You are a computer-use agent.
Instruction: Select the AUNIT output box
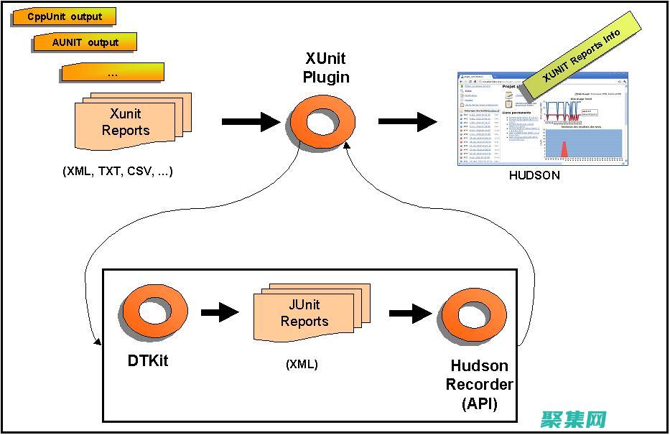point(85,42)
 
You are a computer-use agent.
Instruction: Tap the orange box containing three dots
point(113,72)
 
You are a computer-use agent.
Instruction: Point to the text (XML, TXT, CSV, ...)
point(117,172)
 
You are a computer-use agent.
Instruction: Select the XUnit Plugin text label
point(325,67)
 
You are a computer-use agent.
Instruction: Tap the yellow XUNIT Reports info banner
point(581,55)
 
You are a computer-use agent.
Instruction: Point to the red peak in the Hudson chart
point(564,149)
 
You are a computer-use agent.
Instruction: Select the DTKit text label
point(147,360)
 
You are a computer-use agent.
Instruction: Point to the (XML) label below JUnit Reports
point(302,364)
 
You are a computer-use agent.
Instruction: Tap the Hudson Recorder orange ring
point(473,315)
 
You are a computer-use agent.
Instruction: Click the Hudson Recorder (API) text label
point(480,385)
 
